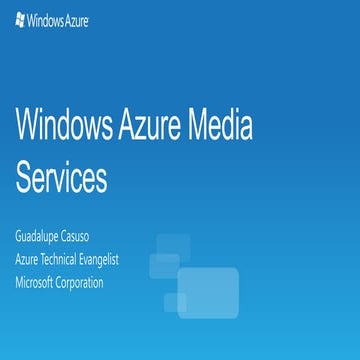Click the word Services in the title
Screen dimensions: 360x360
tap(61, 178)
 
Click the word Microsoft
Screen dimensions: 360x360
tap(36, 281)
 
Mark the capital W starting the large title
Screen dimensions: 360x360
tap(26, 128)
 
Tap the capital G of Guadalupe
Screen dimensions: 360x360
tap(19, 238)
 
